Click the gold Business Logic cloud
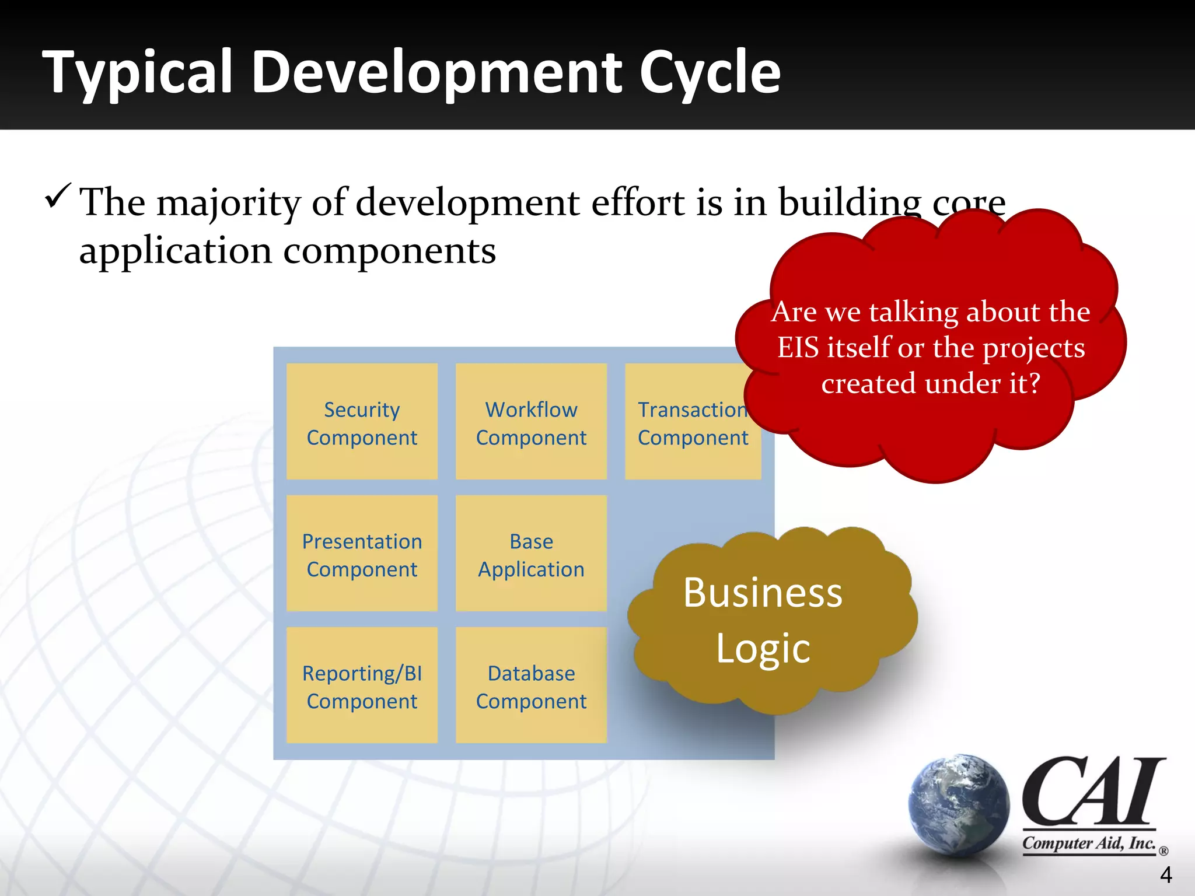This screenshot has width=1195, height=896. [x=764, y=621]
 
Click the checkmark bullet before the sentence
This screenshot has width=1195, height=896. [x=57, y=197]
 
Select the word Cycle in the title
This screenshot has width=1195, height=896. [x=710, y=72]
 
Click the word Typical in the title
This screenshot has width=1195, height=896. [x=138, y=72]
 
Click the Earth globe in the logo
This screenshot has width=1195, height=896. [x=959, y=805]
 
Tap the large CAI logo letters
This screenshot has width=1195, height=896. [x=1091, y=792]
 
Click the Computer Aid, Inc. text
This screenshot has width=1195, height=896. [x=1089, y=843]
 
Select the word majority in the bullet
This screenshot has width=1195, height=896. [x=228, y=203]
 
